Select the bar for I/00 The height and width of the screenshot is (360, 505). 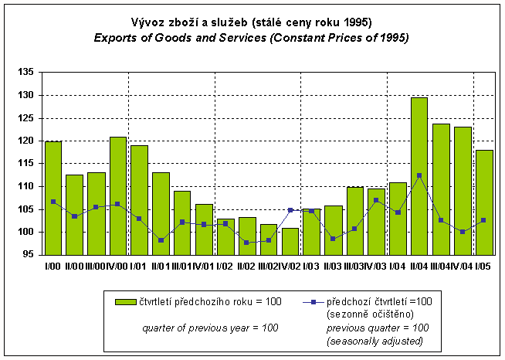[x=53, y=198]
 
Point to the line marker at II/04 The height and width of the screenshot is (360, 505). [x=419, y=175]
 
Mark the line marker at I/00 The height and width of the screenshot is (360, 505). [x=53, y=202]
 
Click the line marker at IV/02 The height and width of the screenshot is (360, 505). [x=290, y=210]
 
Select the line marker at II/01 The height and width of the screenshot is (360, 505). [x=161, y=240]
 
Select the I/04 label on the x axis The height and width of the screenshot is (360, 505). [x=398, y=265]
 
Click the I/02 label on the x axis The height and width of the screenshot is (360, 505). [x=225, y=265]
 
